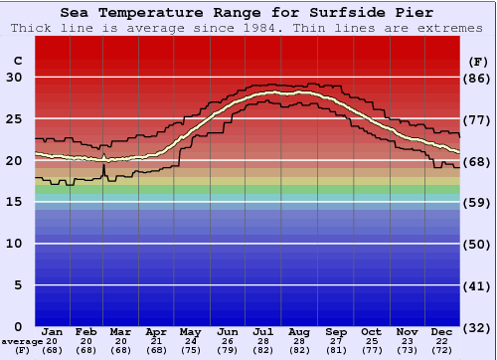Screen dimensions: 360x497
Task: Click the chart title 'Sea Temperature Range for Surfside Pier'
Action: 247,13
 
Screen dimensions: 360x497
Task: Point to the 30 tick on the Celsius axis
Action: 14,78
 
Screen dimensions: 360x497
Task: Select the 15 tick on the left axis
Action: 14,202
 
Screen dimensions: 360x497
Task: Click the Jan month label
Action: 53,331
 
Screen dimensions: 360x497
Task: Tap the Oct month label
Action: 371,331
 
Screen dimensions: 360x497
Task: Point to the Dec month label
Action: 442,331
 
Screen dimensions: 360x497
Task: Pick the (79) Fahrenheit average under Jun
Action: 229,350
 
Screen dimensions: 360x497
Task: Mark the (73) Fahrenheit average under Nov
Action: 407,350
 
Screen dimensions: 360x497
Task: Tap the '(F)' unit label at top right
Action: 478,61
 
